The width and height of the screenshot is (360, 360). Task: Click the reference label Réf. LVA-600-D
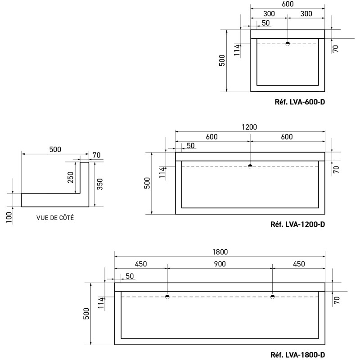pos(300,102)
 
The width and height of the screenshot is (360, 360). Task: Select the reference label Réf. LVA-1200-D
pos(298,224)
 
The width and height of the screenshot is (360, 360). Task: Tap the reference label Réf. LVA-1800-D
pos(298,355)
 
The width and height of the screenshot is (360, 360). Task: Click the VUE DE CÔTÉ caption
pos(55,218)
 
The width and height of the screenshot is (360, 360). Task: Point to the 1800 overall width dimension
pos(220,252)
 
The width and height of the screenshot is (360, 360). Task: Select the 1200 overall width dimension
pos(249,127)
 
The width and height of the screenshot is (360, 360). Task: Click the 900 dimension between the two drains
pos(220,264)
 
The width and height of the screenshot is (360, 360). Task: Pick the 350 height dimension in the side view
pos(100,184)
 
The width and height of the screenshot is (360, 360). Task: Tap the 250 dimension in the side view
pos(71,177)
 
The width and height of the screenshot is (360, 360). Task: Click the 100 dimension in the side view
pos(9,217)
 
